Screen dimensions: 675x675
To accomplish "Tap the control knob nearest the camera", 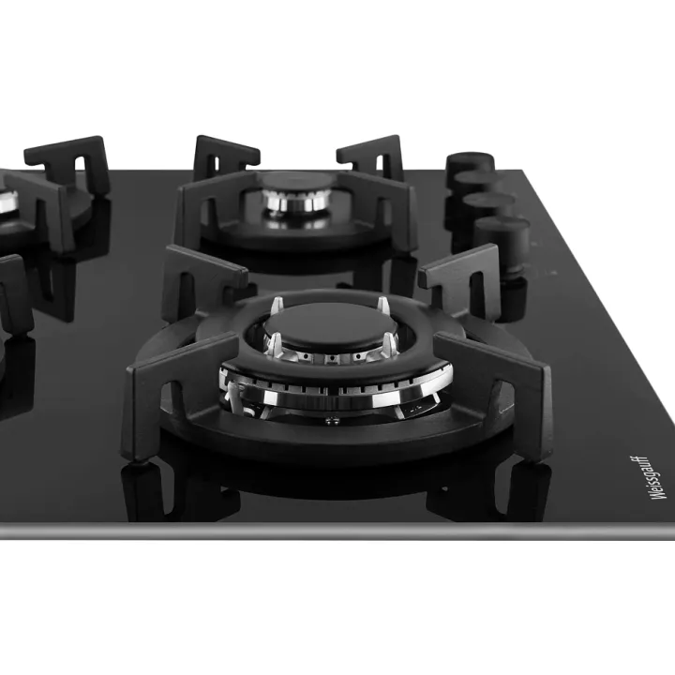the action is point(502,241).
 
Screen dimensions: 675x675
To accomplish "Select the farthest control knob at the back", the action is point(470,163).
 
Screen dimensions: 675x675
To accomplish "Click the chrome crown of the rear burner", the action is point(296,201).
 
